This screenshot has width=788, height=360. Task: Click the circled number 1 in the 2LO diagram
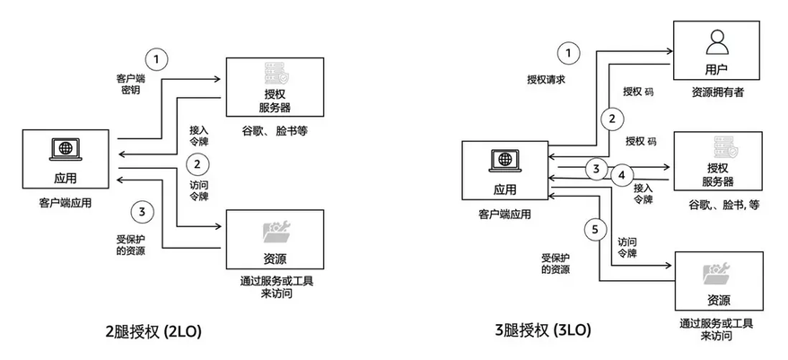(157, 59)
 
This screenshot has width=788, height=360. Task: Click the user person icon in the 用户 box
(717, 40)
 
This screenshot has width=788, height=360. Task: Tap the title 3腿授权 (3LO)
(543, 331)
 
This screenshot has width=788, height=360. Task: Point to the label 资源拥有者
(717, 92)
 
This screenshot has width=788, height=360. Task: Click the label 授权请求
(547, 79)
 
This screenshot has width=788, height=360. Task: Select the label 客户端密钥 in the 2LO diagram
(131, 85)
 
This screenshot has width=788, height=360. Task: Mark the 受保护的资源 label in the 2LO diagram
(131, 245)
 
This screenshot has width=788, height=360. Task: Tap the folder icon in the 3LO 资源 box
(717, 272)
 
